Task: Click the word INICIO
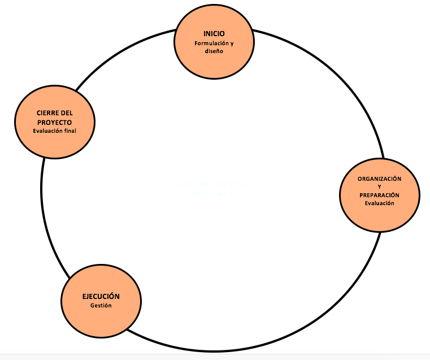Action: pos(214,33)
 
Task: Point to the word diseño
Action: pos(214,51)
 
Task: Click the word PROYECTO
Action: pos(54,122)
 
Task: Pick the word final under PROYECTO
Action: pos(70,131)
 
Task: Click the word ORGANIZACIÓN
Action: pos(379,179)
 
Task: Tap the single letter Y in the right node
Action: pos(380,186)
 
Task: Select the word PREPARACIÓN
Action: pos(379,195)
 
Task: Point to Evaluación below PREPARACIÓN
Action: pos(379,203)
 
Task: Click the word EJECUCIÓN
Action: pos(101,297)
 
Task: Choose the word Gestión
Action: pos(101,306)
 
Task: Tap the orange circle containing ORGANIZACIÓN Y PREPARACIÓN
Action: pos(379,218)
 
